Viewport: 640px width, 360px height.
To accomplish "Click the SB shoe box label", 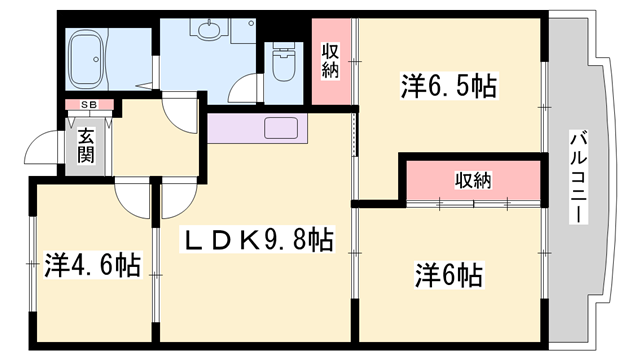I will click(89, 104).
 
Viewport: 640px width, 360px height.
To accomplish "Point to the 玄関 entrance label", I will click(85, 144).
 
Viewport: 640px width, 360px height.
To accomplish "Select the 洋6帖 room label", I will click(449, 273).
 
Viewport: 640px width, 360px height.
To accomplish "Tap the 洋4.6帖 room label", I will click(92, 266).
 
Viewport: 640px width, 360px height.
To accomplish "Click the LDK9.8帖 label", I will click(256, 241).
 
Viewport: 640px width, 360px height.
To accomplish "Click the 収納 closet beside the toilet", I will click(331, 62).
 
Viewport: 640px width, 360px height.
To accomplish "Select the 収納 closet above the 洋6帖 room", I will click(474, 180).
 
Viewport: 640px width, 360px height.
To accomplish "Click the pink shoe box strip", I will click(89, 104).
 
